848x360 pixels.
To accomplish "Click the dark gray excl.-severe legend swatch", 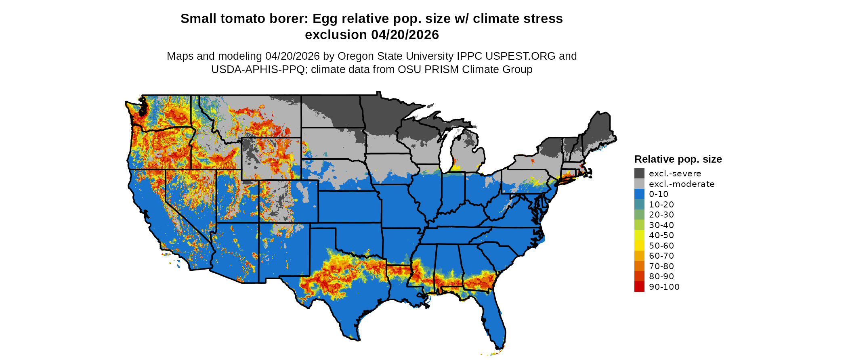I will coord(639,174).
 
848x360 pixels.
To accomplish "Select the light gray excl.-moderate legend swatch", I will coord(639,184).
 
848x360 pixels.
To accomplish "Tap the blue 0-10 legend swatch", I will coord(639,194).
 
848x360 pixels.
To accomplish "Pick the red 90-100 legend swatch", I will coord(639,287).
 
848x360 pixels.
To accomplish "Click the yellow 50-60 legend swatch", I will coord(639,246).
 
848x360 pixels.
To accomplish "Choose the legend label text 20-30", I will coord(661,215).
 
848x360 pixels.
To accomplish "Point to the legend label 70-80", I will coord(661,266).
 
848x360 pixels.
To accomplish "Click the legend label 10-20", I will coord(661,205).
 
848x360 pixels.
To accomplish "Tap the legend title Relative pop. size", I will coord(678,159).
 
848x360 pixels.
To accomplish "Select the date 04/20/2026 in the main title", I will coord(405,35).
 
